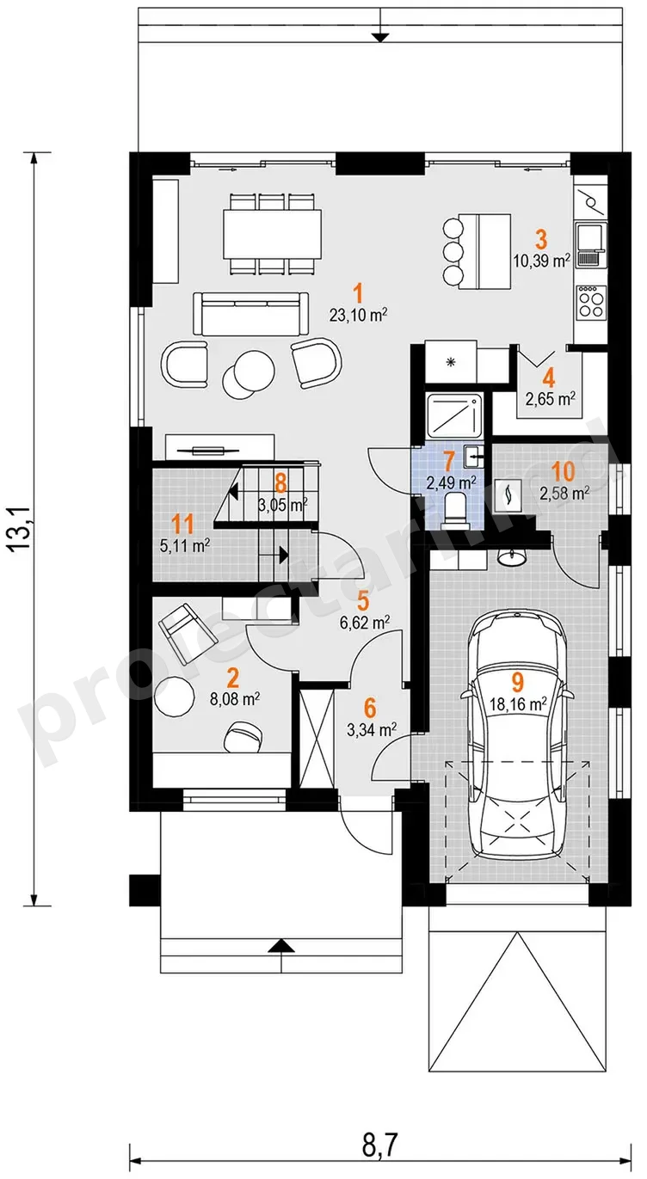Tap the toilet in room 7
pos(455,509)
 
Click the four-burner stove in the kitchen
pos(591,302)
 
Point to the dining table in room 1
pos(272,233)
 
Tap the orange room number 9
pos(517,682)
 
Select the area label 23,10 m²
pos(359,316)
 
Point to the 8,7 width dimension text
pos(380,1142)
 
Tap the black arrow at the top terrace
pos(379,37)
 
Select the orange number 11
pos(182,525)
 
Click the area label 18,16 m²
pos(517,704)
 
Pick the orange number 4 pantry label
pos(549,378)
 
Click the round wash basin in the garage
pos(511,557)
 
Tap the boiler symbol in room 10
pos(508,494)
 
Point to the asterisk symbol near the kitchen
pos(450,362)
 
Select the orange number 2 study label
pos(232,679)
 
